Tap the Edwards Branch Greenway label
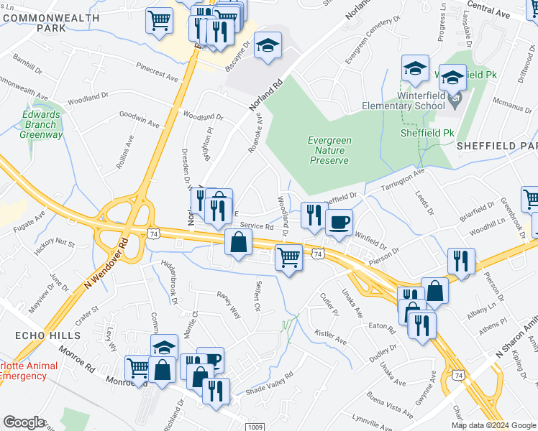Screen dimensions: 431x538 (x=41, y=124)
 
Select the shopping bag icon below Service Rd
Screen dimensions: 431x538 (x=238, y=244)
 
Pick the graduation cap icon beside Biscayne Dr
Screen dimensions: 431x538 (x=268, y=48)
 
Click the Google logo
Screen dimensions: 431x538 (x=24, y=422)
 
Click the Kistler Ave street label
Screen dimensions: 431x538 (x=331, y=335)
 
